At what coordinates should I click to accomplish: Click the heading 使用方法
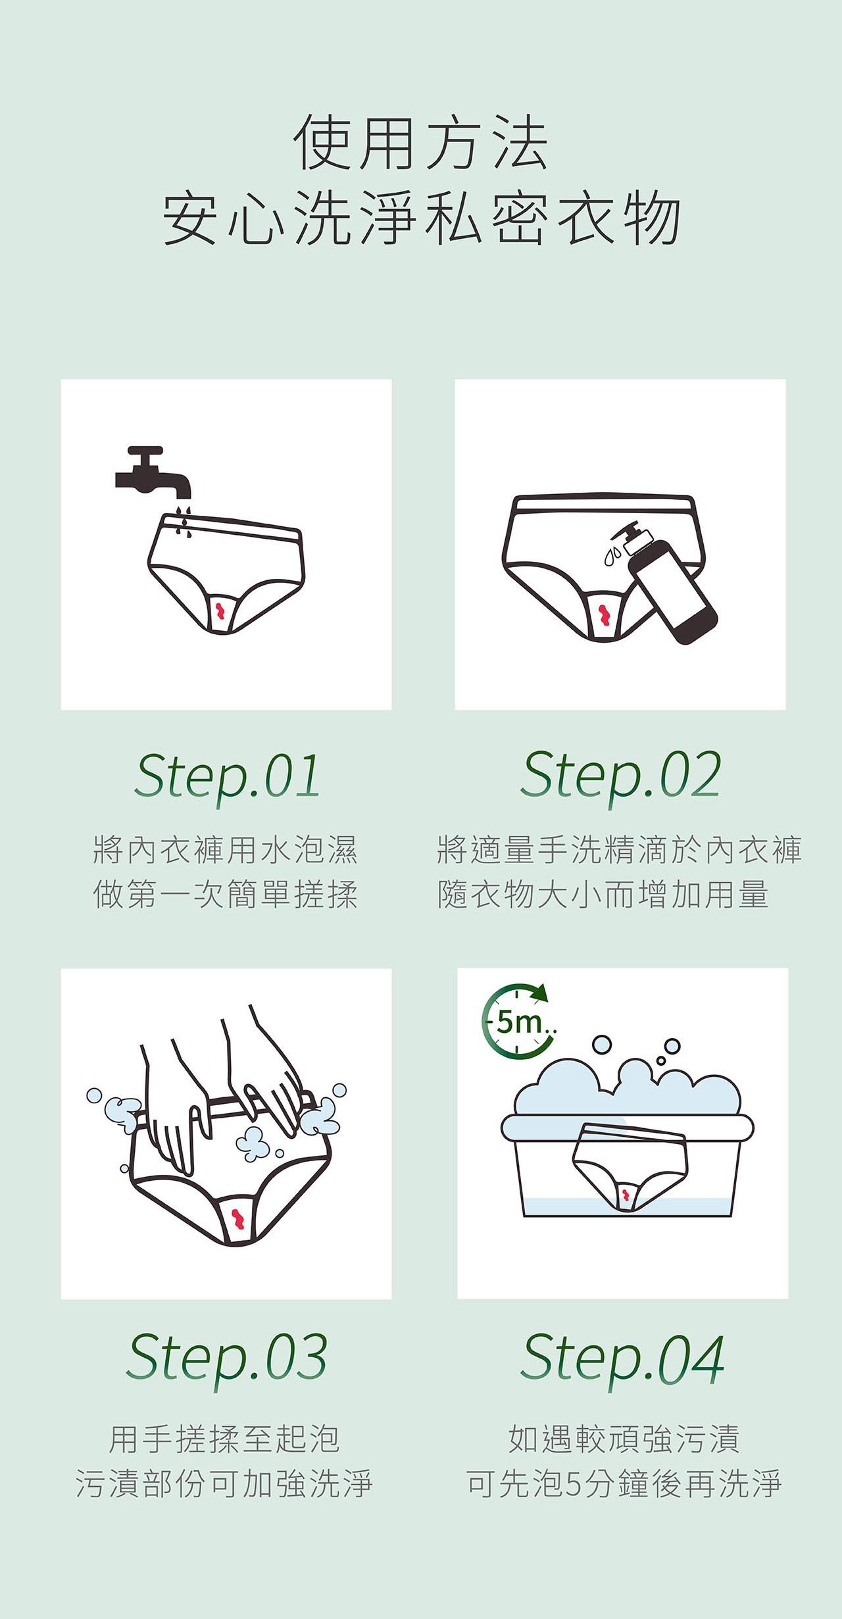point(421,143)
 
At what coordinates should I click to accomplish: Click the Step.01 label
point(227,776)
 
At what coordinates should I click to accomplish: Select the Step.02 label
point(620,775)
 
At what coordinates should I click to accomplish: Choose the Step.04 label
point(622,1358)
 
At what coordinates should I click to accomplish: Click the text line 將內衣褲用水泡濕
point(226,849)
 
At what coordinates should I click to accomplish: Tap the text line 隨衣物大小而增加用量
point(603,894)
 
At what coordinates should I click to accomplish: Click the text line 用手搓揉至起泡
point(224,1439)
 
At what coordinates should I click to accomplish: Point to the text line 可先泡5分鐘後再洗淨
point(624,1483)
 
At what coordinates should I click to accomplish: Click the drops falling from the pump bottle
point(612,555)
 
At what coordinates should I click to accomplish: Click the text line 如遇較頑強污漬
point(624,1439)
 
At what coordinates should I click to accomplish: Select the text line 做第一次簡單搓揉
point(226,894)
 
